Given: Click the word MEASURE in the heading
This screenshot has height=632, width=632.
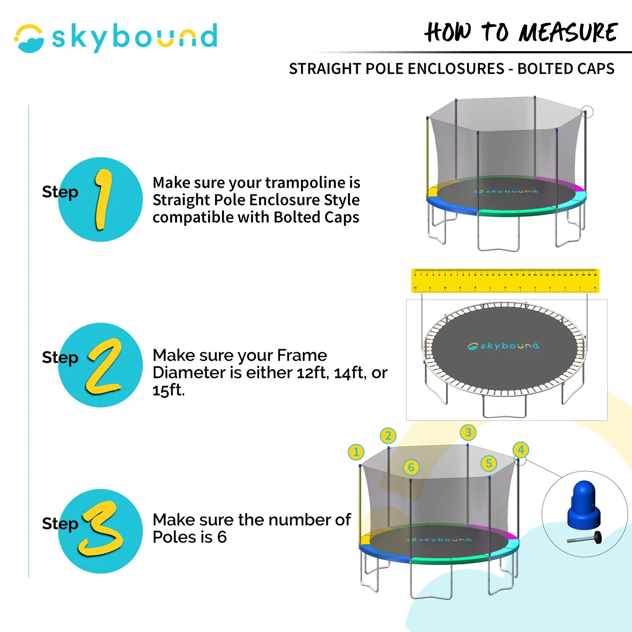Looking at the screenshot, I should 568,32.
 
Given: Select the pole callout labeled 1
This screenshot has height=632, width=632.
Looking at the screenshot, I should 356,452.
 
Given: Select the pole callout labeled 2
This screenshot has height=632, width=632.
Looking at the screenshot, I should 388,436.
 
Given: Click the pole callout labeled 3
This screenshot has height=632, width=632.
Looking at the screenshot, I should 468,433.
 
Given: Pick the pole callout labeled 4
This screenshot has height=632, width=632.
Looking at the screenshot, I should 521,450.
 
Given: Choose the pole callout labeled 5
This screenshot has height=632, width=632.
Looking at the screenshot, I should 489,463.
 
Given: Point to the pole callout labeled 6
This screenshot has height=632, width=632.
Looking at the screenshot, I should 411,468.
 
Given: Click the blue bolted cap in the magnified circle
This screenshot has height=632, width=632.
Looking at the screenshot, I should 584,506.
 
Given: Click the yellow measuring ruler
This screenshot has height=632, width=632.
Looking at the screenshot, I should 505,281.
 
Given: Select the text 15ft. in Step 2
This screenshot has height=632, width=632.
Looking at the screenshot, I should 169,390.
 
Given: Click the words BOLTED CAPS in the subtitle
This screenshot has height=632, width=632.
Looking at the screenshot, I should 566,69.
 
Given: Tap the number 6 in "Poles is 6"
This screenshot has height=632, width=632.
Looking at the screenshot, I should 222,537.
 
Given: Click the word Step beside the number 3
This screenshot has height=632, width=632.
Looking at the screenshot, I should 60,524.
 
